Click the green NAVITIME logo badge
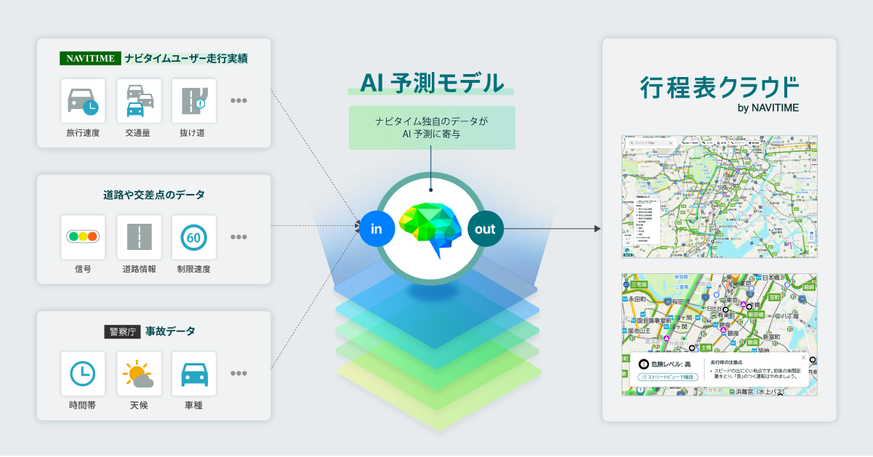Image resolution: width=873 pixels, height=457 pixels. tap(89, 58)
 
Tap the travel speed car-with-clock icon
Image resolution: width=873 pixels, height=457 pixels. tap(83, 101)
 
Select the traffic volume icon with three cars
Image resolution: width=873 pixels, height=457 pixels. tap(138, 101)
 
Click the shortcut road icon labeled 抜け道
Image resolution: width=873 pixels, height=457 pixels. tap(193, 101)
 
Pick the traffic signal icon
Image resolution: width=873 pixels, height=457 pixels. tap(83, 237)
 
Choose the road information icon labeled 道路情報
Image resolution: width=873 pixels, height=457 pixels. tap(138, 237)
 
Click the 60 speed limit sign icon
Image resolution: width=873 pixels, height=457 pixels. tap(193, 237)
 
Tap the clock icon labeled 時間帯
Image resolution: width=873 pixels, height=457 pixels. tap(83, 373)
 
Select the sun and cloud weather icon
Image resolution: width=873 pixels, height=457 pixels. tap(138, 373)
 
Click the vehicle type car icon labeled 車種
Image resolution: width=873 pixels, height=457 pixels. tap(193, 373)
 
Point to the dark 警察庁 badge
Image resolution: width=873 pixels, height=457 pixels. tap(121, 332)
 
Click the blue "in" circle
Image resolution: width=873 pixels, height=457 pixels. tap(377, 230)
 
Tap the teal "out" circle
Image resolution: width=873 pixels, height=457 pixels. tap(485, 230)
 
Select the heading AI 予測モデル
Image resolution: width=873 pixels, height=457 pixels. tap(431, 82)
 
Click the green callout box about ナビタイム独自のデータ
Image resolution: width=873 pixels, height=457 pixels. tap(431, 127)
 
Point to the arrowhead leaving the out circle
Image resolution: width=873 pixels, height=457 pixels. tap(597, 229)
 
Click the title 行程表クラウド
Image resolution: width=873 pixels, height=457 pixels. tap(719, 87)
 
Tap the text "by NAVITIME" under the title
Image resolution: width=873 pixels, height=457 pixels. tap(768, 108)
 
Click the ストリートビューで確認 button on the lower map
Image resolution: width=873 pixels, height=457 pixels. tap(668, 377)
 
